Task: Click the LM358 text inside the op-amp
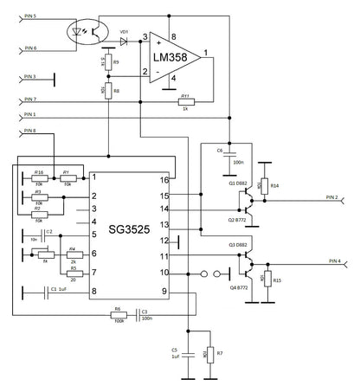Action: coord(173,57)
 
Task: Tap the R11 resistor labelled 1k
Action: coord(183,101)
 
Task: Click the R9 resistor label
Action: coord(116,61)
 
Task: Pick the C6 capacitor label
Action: coord(220,150)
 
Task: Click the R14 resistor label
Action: coord(273,185)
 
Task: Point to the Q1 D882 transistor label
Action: coord(237,183)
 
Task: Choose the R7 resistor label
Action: coord(220,354)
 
